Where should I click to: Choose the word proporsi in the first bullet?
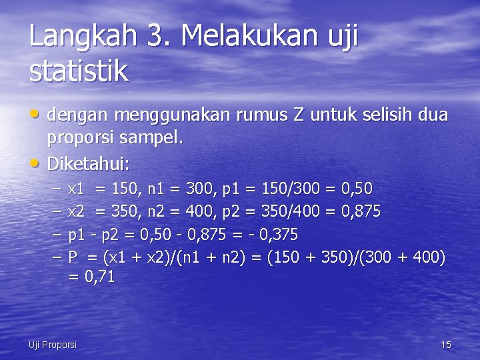tap(82, 139)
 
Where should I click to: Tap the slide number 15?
tap(446, 345)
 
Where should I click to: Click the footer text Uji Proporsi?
tap(53, 345)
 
